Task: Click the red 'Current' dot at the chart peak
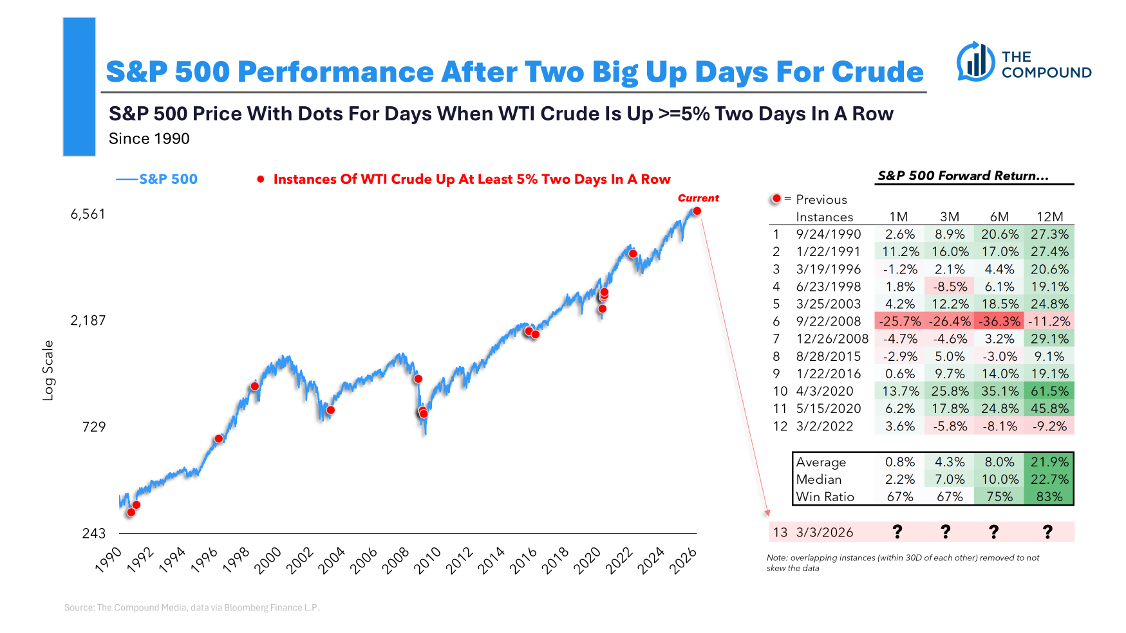click(697, 211)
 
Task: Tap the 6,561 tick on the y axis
click(88, 214)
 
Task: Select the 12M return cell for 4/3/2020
click(1049, 391)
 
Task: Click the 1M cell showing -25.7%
click(899, 321)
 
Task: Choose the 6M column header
click(999, 217)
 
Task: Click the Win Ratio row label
click(825, 497)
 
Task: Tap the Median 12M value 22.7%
click(1049, 479)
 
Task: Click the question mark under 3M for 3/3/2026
click(945, 532)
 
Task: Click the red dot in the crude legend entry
click(261, 179)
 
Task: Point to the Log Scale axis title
click(48, 371)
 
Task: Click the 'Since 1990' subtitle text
click(149, 139)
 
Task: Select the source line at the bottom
click(192, 607)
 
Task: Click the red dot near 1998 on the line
click(255, 386)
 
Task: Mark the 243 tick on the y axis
click(94, 533)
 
